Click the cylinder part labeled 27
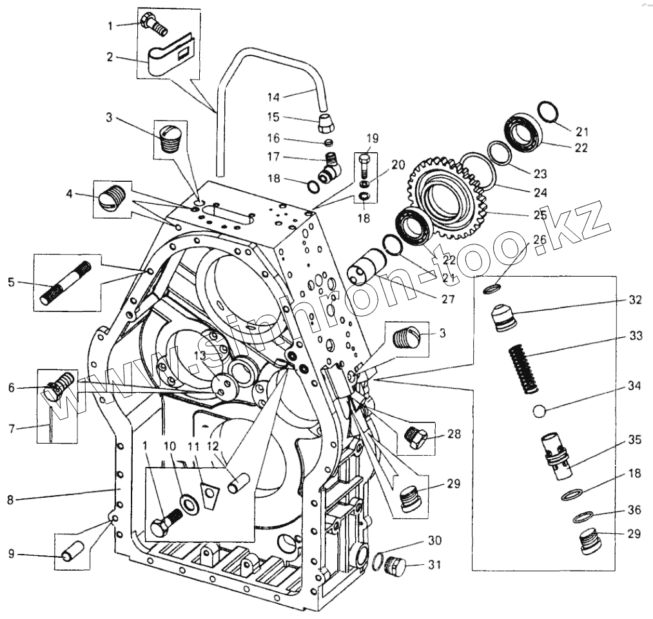tap(365, 266)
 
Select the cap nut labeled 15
tap(329, 119)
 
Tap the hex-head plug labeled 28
tap(416, 439)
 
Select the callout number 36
tap(634, 509)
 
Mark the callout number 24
tap(540, 192)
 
